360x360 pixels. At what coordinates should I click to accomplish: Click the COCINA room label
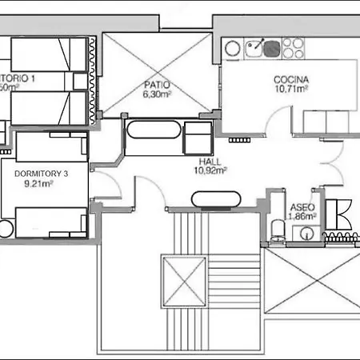tap(291, 79)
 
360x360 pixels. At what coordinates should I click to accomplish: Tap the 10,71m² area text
tap(291, 89)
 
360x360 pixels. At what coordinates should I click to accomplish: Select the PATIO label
tap(155, 84)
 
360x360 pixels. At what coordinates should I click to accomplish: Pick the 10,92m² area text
tap(210, 170)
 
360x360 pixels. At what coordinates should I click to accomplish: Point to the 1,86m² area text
tap(301, 216)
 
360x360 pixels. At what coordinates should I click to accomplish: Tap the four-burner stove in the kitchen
tap(289, 49)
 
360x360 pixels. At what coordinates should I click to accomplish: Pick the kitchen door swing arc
tap(276, 124)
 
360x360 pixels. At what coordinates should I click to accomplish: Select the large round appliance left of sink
tap(231, 48)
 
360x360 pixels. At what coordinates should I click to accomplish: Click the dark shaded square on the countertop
tap(271, 51)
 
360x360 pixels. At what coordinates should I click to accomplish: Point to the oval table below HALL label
tap(213, 198)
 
